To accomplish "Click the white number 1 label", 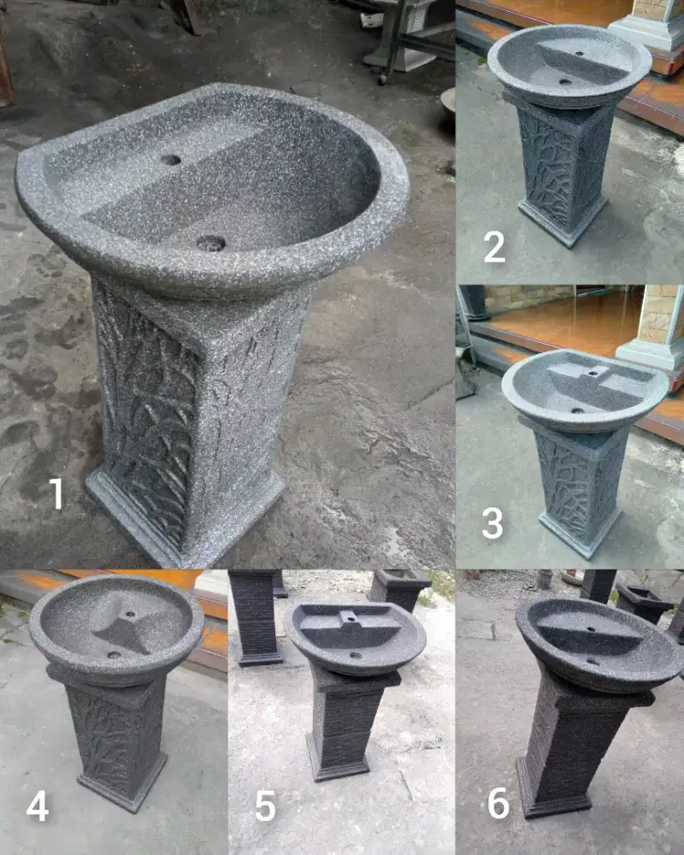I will (56, 493).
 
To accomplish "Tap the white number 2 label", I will (494, 247).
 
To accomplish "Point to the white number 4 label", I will (37, 806).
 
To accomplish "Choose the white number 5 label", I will (265, 806).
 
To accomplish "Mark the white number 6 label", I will (498, 804).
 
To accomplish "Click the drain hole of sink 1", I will (210, 244).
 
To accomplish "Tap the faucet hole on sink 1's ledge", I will (171, 160).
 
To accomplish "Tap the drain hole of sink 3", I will (578, 410).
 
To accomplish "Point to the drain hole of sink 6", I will (592, 661).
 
